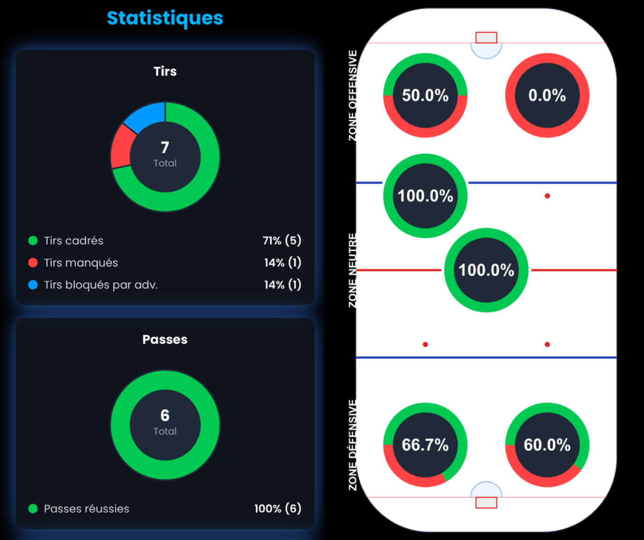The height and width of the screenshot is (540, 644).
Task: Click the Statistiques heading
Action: pyautogui.click(x=165, y=18)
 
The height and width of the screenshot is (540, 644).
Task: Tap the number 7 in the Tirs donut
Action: pyautogui.click(x=165, y=148)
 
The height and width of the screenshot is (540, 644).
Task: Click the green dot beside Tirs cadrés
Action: pyautogui.click(x=33, y=241)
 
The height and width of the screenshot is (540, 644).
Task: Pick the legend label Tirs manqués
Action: pyautogui.click(x=81, y=263)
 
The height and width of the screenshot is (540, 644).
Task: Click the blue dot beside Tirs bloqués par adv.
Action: pyautogui.click(x=33, y=285)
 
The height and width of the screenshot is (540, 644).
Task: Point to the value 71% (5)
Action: pyautogui.click(x=282, y=241)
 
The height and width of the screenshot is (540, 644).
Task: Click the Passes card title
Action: pyautogui.click(x=165, y=340)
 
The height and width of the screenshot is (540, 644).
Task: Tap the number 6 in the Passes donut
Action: pyautogui.click(x=165, y=415)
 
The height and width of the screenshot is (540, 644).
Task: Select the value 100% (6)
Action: pyautogui.click(x=278, y=509)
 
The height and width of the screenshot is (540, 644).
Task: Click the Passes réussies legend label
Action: pyautogui.click(x=87, y=509)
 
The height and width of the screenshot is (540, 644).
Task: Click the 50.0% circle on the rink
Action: pyautogui.click(x=425, y=96)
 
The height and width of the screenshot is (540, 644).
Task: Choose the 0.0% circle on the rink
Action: pyautogui.click(x=547, y=96)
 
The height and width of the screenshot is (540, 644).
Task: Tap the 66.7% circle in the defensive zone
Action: pyautogui.click(x=425, y=445)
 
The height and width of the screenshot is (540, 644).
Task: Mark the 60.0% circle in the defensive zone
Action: pyautogui.click(x=547, y=445)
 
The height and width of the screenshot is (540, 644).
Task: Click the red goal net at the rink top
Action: pyautogui.click(x=486, y=37)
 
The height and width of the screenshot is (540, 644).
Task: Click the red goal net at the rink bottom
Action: pyautogui.click(x=486, y=503)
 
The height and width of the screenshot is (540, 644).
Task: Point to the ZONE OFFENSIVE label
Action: pyautogui.click(x=353, y=96)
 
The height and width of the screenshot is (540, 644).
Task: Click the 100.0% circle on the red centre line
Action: pyautogui.click(x=486, y=270)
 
